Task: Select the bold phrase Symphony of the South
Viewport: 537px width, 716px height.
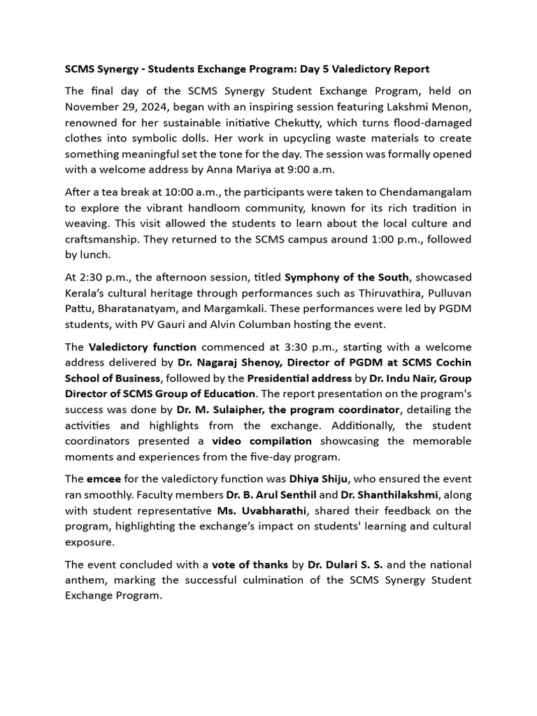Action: tap(345, 277)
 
